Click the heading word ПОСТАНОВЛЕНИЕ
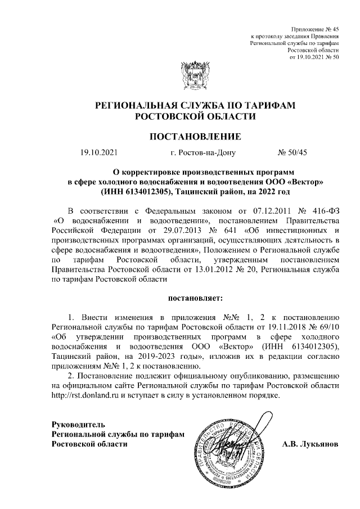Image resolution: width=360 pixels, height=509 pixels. tap(195, 136)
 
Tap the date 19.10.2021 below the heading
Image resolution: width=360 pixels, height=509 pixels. tap(99, 152)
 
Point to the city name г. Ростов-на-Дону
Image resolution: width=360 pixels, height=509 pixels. tap(202, 152)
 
